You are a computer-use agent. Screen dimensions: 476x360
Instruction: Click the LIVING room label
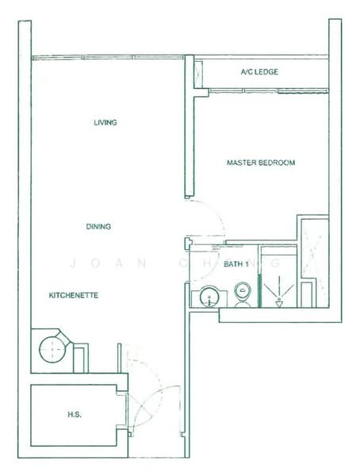point(105,123)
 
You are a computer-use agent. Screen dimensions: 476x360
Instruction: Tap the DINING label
point(98,227)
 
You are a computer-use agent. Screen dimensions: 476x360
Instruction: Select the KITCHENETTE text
point(74,295)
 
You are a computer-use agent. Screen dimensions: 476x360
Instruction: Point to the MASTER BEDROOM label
point(261,163)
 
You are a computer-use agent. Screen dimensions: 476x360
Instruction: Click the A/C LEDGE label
point(259,72)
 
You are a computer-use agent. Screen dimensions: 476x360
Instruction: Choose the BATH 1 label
point(236,263)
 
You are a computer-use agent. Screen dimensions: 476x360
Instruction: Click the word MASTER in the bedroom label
point(241,163)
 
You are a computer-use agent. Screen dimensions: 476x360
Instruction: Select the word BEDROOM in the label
point(277,163)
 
